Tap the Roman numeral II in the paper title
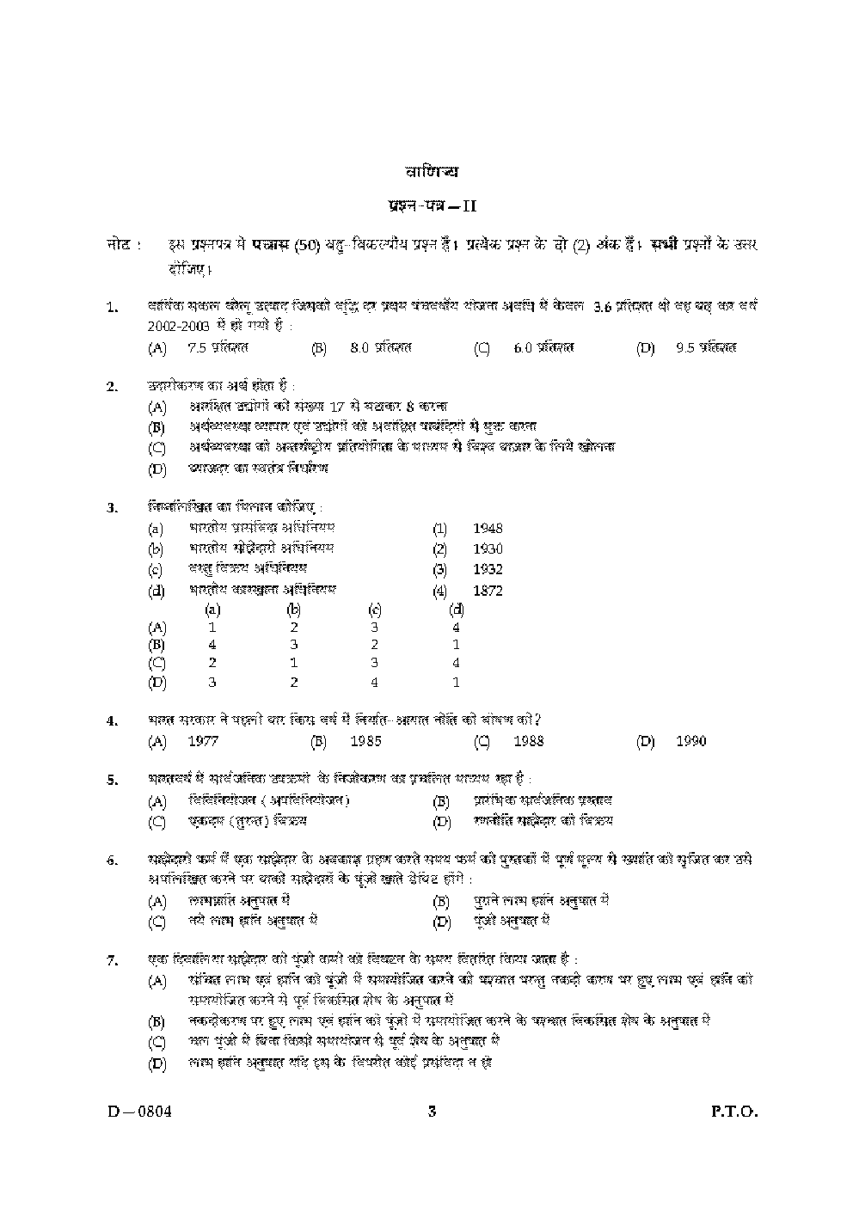[x=469, y=206]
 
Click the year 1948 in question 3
[x=488, y=528]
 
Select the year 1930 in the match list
[x=488, y=548]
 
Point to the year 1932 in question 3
[x=488, y=569]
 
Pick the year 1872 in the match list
[x=488, y=591]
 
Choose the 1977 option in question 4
[x=203, y=741]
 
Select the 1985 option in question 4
[x=365, y=741]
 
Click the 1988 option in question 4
[x=529, y=741]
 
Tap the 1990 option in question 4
[x=691, y=741]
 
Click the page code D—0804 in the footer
[x=136, y=1111]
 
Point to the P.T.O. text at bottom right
[x=733, y=1111]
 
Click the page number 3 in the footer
[x=432, y=1111]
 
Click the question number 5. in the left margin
[x=112, y=781]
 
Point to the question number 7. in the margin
[x=112, y=961]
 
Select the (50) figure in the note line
[x=307, y=246]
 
